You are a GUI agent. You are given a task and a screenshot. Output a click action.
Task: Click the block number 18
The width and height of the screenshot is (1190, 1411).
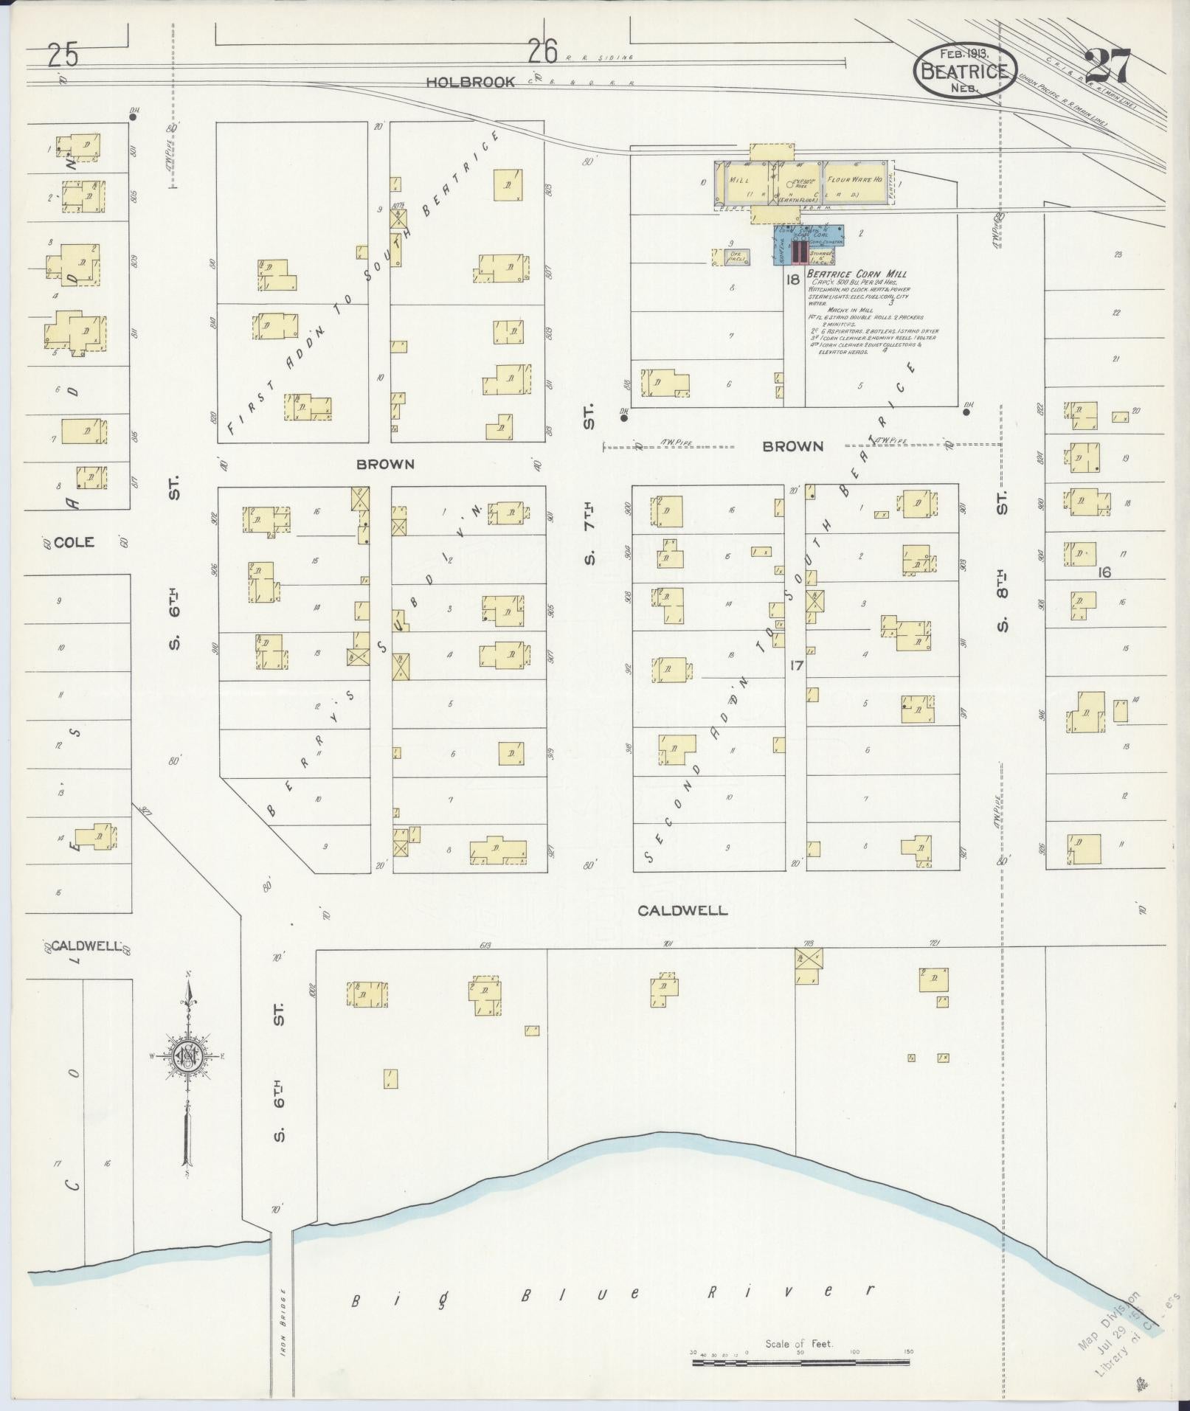point(793,280)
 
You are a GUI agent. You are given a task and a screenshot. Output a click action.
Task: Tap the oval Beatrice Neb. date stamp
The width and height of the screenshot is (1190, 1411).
point(965,71)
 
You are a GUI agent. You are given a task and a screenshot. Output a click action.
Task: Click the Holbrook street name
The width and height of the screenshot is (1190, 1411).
point(470,82)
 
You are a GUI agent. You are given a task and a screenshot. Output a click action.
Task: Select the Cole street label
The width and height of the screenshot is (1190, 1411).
point(75,542)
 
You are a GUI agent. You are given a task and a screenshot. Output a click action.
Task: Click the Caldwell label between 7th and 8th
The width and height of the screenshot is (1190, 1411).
point(682,910)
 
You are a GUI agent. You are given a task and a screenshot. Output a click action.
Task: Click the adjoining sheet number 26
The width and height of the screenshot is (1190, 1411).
point(542,52)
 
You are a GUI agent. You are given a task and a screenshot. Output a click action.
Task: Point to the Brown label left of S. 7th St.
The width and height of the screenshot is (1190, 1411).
point(385,464)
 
